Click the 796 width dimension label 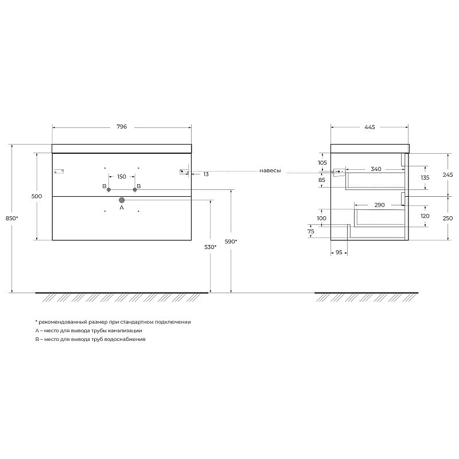click(x=122, y=127)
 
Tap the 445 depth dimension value click(x=369, y=127)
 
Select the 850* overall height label click(x=11, y=218)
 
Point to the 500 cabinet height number click(x=37, y=196)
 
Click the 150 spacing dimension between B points click(x=122, y=177)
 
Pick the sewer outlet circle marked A click(x=122, y=200)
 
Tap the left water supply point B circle click(x=108, y=190)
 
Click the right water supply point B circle click(x=135, y=190)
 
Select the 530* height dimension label click(x=210, y=247)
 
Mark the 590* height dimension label click(x=231, y=242)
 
